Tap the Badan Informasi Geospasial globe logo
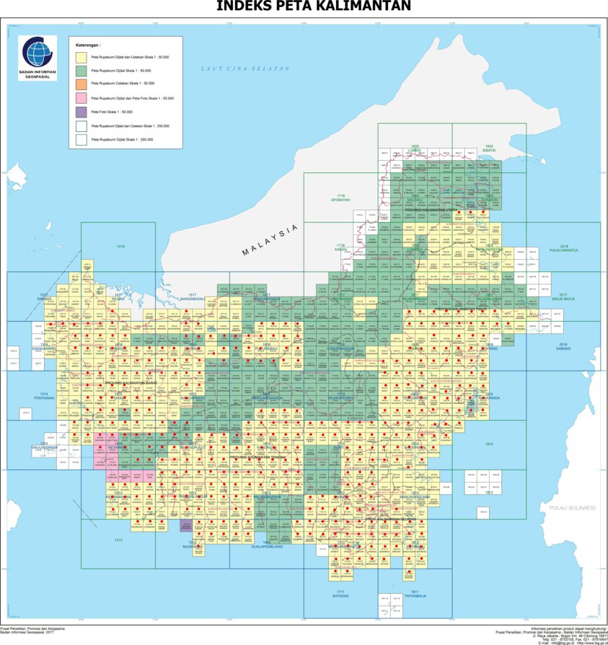pyautogui.click(x=38, y=51)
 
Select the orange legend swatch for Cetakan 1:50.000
pyautogui.click(x=81, y=84)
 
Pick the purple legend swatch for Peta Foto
pyautogui.click(x=81, y=111)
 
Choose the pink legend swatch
pyautogui.click(x=81, y=97)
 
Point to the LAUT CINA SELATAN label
pyautogui.click(x=245, y=69)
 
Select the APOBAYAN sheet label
pyautogui.click(x=340, y=199)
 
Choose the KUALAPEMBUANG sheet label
pyautogui.click(x=266, y=546)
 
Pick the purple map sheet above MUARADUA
pyautogui.click(x=185, y=526)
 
